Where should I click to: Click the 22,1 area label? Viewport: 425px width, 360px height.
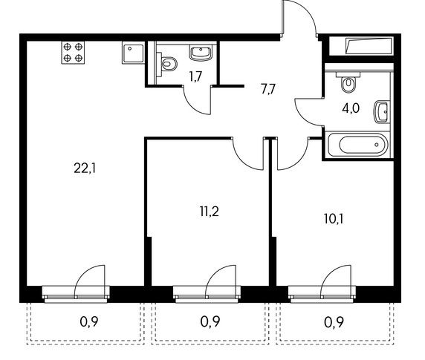tap(85, 168)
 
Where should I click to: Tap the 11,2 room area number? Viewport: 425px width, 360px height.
tap(210, 212)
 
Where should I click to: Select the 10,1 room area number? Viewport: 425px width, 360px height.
tap(334, 219)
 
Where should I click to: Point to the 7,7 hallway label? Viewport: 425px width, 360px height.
tap(268, 89)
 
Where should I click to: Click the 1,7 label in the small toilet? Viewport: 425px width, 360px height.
tap(195, 76)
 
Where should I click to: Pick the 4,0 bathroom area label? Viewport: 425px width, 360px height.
tap(351, 108)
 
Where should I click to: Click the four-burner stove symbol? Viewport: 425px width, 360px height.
tap(73, 53)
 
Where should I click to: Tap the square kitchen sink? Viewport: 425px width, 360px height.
tap(133, 53)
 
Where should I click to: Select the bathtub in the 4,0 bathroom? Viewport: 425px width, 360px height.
tap(357, 145)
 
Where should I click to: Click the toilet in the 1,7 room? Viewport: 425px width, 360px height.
tap(166, 64)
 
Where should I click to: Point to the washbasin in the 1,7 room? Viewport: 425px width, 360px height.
tap(201, 53)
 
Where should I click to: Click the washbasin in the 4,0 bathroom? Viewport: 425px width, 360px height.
tap(382, 112)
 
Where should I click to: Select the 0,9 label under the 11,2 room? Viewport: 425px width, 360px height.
tap(210, 321)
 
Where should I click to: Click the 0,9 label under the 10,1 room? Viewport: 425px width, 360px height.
tap(334, 322)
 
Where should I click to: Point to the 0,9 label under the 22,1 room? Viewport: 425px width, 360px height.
tap(89, 321)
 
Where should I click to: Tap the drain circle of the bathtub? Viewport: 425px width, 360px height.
tap(377, 145)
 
